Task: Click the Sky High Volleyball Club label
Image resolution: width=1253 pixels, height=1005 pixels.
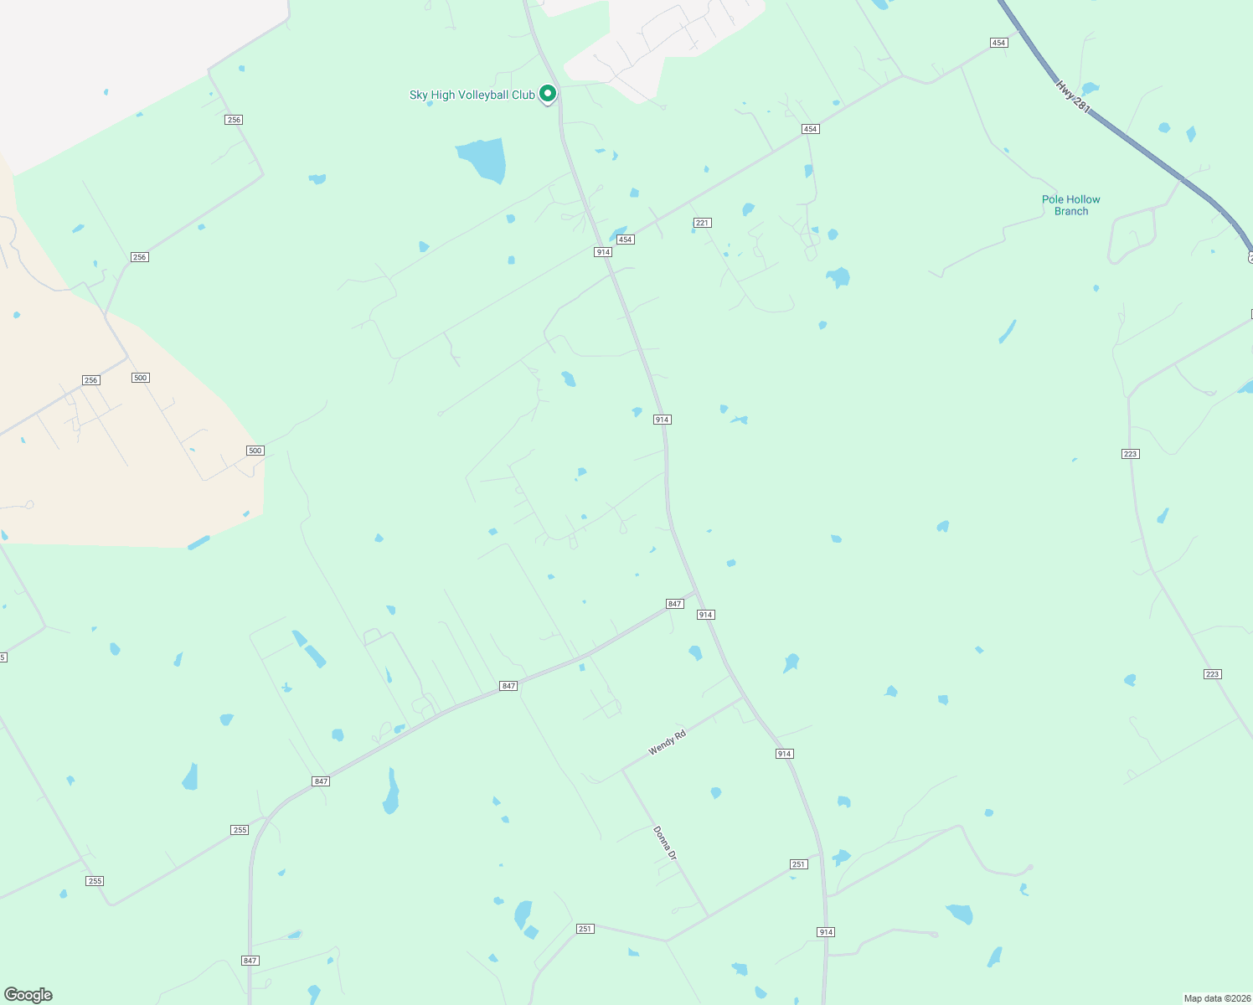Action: pyautogui.click(x=472, y=95)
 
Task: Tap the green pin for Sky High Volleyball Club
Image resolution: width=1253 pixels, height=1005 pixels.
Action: pyautogui.click(x=548, y=94)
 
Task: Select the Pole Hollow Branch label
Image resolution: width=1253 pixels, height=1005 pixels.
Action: pyautogui.click(x=1070, y=205)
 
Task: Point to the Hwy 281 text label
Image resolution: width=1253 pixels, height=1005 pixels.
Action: pyautogui.click(x=1072, y=96)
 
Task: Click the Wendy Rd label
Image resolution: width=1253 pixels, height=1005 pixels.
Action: pyautogui.click(x=667, y=742)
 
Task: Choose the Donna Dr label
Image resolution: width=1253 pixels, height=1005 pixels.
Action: pyautogui.click(x=664, y=843)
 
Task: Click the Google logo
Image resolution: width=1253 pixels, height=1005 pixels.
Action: pyautogui.click(x=28, y=995)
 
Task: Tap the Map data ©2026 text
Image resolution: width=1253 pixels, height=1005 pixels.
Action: pyautogui.click(x=1216, y=998)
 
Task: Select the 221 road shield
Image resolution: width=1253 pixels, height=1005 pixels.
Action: pyautogui.click(x=702, y=223)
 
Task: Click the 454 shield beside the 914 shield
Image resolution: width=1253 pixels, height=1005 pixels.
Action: pyautogui.click(x=625, y=240)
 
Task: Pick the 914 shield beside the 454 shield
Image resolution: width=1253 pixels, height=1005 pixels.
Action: pyautogui.click(x=603, y=252)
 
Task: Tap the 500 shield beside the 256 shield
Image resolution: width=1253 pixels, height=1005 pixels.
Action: pyautogui.click(x=140, y=378)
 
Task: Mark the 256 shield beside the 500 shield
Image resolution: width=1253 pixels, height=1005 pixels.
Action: pyautogui.click(x=91, y=380)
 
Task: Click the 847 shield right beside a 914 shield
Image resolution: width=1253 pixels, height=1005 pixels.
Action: pyautogui.click(x=675, y=604)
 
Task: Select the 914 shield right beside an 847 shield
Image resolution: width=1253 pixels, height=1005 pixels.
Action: pyautogui.click(x=705, y=615)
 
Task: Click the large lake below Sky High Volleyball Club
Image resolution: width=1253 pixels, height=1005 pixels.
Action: pyautogui.click(x=483, y=158)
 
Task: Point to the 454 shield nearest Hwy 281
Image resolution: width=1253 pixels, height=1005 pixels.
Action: pyautogui.click(x=998, y=43)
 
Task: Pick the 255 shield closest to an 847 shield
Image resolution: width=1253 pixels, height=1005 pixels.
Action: pyautogui.click(x=240, y=830)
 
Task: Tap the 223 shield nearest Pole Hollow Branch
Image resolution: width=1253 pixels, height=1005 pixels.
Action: pyautogui.click(x=1130, y=454)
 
